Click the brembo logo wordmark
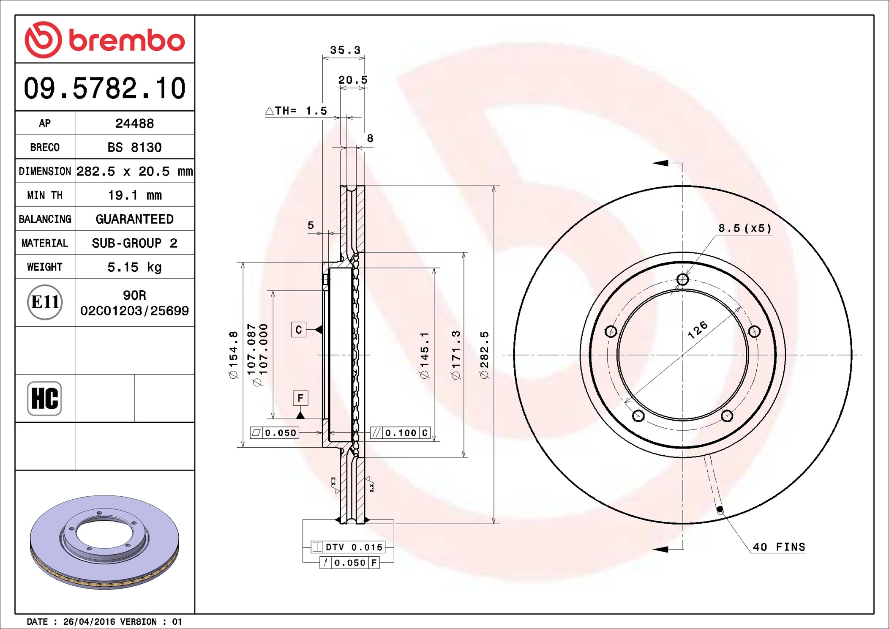click(105, 40)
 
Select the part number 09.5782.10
click(105, 88)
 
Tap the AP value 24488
click(134, 123)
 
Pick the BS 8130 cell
click(134, 147)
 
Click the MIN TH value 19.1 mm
click(134, 195)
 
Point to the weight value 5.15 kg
click(134, 267)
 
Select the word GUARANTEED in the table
click(134, 219)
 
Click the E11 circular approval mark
click(45, 302)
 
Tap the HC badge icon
click(44, 398)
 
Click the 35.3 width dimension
click(345, 50)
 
